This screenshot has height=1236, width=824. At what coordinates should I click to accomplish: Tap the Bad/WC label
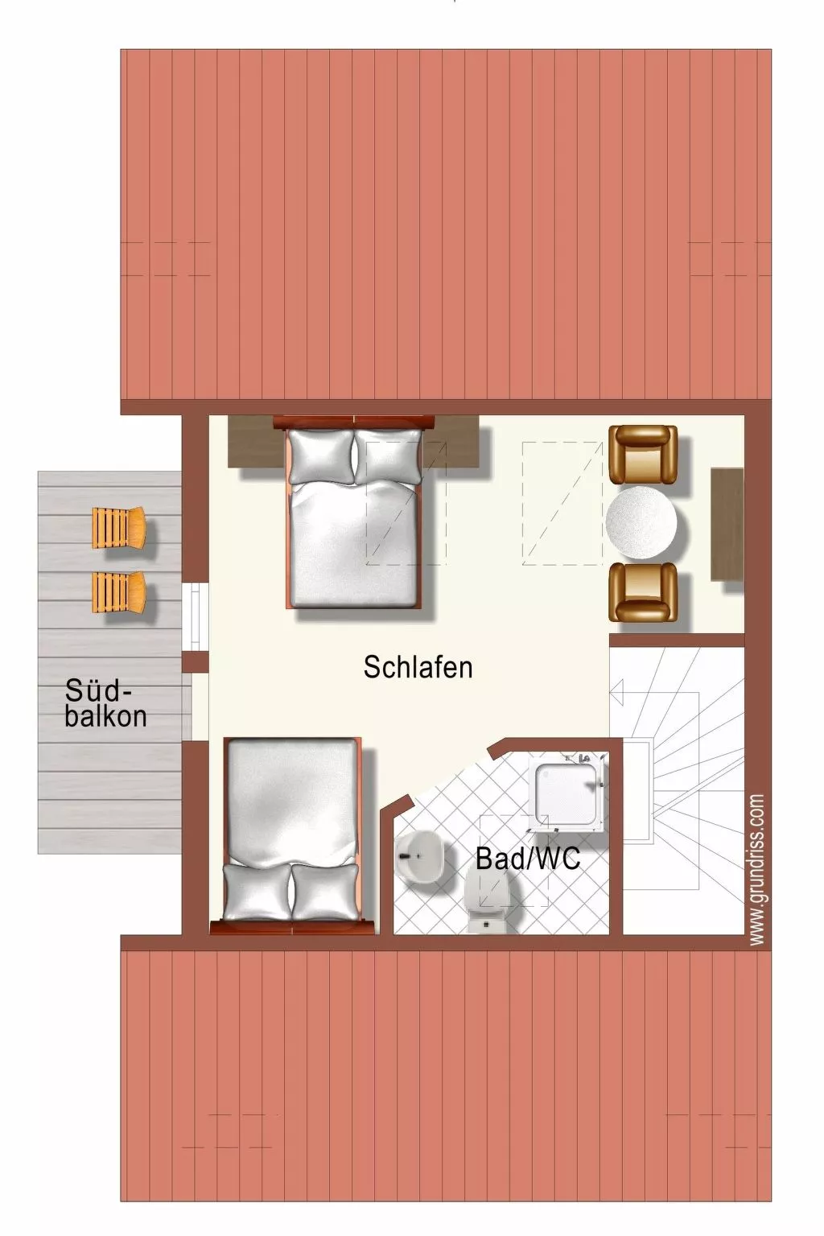(x=528, y=859)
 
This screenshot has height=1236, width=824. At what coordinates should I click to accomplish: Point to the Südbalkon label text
(x=105, y=703)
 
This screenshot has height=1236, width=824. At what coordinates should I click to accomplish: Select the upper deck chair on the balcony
(x=118, y=528)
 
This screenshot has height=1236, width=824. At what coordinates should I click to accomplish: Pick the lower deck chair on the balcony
(x=118, y=591)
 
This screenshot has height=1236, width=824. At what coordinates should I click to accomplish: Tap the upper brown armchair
(x=643, y=455)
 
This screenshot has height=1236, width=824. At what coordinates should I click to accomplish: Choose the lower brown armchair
(x=643, y=592)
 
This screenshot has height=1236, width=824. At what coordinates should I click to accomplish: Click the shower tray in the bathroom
(x=568, y=793)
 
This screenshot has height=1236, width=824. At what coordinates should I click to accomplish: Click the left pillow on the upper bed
(x=321, y=456)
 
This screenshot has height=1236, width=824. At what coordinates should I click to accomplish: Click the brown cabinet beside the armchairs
(x=727, y=524)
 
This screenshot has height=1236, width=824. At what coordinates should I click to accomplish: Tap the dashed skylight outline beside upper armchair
(x=562, y=503)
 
